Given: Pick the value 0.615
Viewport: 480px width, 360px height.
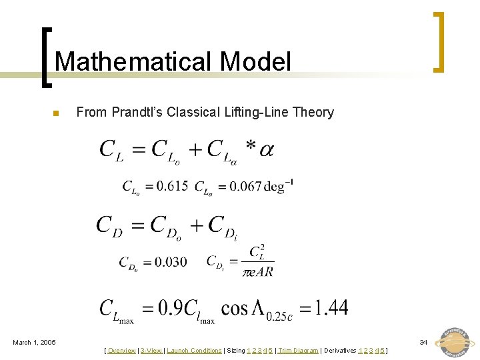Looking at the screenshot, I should pyautogui.click(x=172, y=186).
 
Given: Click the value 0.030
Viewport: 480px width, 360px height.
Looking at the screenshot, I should pyautogui.click(x=171, y=262).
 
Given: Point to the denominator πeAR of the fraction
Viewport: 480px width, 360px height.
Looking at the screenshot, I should pyautogui.click(x=257, y=272).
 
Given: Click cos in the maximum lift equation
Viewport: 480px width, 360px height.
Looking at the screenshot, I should pyautogui.click(x=235, y=308).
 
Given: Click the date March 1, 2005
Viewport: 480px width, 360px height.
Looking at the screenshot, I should pyautogui.click(x=35, y=343).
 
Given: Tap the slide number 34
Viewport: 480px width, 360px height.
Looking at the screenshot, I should pyautogui.click(x=423, y=342).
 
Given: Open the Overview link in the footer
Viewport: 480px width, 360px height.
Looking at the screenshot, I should pyautogui.click(x=121, y=351).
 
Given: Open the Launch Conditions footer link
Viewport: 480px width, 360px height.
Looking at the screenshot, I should pyautogui.click(x=194, y=351).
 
